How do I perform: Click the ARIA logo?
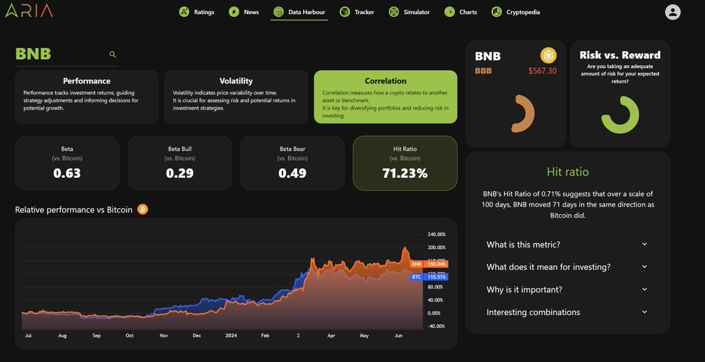coord(29,11)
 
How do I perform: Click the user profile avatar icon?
coord(673,12)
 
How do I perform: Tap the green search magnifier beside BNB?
coord(113,55)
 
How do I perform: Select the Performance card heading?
coord(86,81)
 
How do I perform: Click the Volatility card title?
coord(236,81)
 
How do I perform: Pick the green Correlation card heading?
coord(385,81)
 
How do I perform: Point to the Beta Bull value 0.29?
coord(180,174)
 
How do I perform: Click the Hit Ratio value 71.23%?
coord(405,174)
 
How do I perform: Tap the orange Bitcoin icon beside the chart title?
coord(142,209)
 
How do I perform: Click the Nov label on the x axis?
coord(163,336)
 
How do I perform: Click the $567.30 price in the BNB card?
coord(542,71)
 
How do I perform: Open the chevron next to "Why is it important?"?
coord(644,289)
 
